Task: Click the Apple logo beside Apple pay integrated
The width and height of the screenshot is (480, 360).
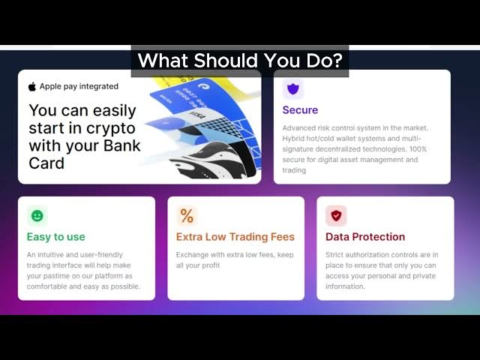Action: pos(32,87)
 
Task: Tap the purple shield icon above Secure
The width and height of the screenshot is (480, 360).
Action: pos(293,88)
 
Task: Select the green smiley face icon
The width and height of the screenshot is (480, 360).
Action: pos(37,216)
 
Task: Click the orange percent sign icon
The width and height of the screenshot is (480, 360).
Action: pos(187,216)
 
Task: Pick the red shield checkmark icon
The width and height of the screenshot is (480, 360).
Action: pos(336,216)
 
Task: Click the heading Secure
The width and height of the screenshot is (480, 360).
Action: pos(300,110)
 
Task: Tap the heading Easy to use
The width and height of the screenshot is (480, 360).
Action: pos(55,237)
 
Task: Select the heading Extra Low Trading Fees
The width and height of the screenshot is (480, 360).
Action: pos(235,237)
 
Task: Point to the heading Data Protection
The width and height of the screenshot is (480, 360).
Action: pos(365,237)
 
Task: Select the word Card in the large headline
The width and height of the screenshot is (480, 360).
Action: pos(46,163)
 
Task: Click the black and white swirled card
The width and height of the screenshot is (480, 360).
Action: pos(214,160)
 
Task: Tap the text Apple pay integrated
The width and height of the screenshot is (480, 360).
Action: pos(79,87)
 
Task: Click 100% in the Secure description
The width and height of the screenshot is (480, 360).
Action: pos(418,149)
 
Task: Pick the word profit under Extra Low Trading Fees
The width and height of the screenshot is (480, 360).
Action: pos(210,265)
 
